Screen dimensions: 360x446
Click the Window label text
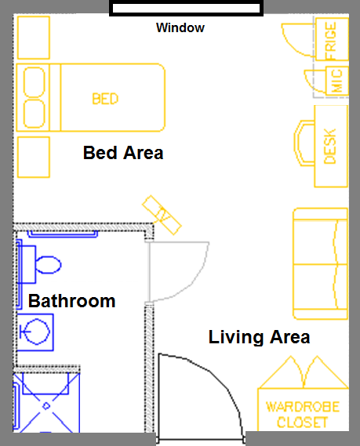click(x=180, y=28)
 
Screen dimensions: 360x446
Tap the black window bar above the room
click(x=186, y=8)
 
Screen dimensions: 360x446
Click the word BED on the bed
click(x=105, y=99)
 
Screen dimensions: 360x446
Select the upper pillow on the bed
click(x=35, y=82)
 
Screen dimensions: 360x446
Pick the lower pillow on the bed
click(x=35, y=114)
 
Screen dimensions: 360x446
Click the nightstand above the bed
click(x=34, y=38)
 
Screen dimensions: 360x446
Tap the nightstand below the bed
click(x=34, y=158)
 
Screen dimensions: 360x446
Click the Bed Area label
click(x=123, y=153)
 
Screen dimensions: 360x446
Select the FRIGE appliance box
click(x=332, y=39)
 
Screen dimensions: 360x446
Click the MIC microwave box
click(x=337, y=81)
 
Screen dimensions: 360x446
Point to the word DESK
click(x=330, y=147)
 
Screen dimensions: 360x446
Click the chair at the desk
click(x=304, y=143)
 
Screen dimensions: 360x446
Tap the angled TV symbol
click(x=162, y=215)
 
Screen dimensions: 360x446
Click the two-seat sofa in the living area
click(x=321, y=263)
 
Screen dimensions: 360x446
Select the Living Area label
click(x=259, y=337)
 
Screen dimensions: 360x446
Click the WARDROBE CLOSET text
click(x=303, y=415)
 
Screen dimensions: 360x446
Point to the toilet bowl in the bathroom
click(x=48, y=265)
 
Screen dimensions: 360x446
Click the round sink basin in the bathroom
click(x=37, y=332)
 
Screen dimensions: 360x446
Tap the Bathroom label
click(x=71, y=301)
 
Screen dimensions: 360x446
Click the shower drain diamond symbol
click(x=46, y=406)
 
